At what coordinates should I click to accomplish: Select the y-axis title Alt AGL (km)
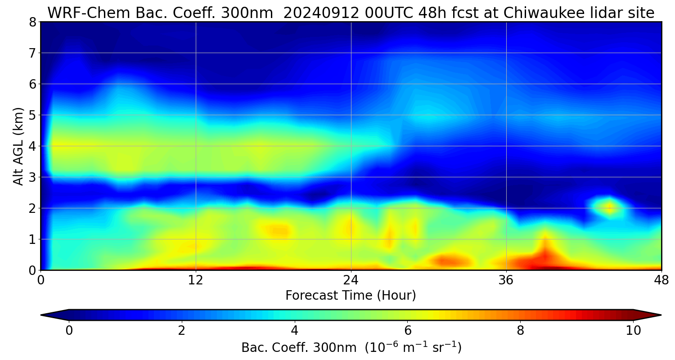(18, 146)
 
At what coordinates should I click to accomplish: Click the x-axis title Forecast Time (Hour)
(351, 296)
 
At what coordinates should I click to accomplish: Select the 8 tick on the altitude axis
(32, 22)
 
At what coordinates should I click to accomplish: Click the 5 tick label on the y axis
(32, 115)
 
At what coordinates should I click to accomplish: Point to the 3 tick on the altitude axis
(32, 177)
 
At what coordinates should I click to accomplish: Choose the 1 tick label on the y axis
(32, 239)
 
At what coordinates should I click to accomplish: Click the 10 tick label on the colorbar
(633, 331)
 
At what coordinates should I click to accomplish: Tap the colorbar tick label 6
(407, 331)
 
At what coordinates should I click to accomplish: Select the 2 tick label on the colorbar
(181, 331)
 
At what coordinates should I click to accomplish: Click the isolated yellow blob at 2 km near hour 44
(610, 208)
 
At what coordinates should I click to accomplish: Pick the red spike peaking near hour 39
(545, 252)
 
